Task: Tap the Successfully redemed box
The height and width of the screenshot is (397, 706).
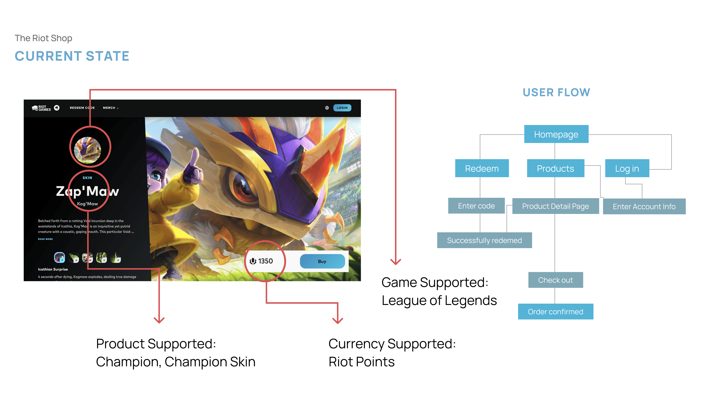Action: pyautogui.click(x=484, y=240)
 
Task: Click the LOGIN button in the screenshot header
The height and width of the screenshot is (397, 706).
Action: pyautogui.click(x=342, y=108)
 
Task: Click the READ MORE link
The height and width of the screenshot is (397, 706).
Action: pyautogui.click(x=45, y=239)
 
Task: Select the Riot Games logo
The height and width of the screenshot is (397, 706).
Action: pyautogui.click(x=41, y=108)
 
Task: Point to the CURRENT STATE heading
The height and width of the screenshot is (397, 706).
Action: pyautogui.click(x=72, y=56)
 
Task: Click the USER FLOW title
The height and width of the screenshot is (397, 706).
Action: pyautogui.click(x=556, y=92)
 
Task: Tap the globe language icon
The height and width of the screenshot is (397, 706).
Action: pyautogui.click(x=327, y=108)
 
